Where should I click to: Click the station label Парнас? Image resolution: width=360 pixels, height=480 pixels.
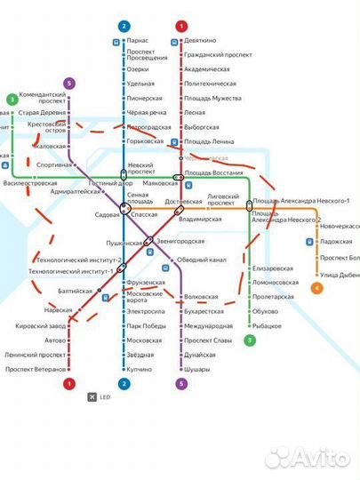(137, 41)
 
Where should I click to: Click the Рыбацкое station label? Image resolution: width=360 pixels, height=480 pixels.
(269, 326)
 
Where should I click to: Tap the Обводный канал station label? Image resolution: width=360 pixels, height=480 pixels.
(202, 260)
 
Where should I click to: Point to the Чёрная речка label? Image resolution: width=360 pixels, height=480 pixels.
(145, 113)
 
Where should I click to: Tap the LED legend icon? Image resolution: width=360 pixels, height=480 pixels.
(91, 396)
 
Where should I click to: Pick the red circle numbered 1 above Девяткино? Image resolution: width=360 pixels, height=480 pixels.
(181, 26)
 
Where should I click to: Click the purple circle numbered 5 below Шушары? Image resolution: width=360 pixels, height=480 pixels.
(182, 384)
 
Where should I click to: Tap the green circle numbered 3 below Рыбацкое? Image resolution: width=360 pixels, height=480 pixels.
(250, 340)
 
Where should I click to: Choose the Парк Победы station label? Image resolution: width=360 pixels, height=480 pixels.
(146, 326)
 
